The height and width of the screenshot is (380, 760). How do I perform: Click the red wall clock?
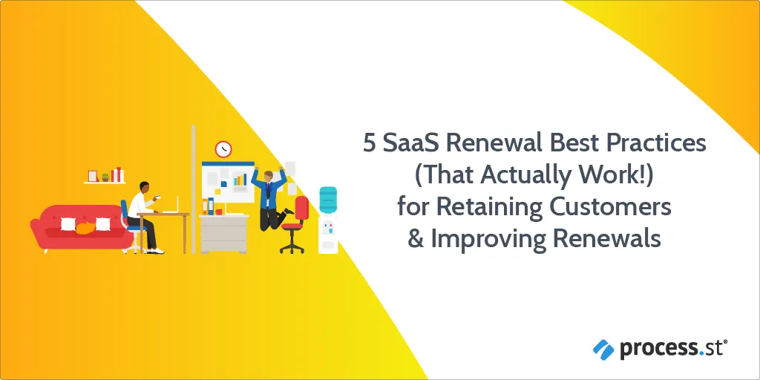[x=223, y=148]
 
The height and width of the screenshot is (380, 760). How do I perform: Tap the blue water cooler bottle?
[x=327, y=200]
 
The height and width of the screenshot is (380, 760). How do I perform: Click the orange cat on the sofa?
[x=85, y=228]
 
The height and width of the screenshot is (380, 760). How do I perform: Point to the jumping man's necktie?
[x=267, y=189]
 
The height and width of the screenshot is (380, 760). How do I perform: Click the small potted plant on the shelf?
[x=105, y=177]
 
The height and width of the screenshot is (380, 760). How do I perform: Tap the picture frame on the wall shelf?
[x=93, y=176]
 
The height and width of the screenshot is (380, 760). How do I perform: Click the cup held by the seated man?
[x=157, y=197]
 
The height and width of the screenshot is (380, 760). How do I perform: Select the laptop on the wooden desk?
[x=172, y=206]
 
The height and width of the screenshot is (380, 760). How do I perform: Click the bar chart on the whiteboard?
[x=240, y=180]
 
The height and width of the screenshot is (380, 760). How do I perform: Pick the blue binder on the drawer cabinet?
[x=211, y=206]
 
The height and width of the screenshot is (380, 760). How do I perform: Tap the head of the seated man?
[x=144, y=187]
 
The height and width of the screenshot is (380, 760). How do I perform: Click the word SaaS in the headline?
[x=410, y=143]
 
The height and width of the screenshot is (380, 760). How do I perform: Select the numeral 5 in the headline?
[x=370, y=144]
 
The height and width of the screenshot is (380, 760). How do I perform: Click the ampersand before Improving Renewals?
[x=416, y=238]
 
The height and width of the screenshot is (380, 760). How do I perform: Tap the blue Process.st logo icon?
[x=603, y=350]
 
